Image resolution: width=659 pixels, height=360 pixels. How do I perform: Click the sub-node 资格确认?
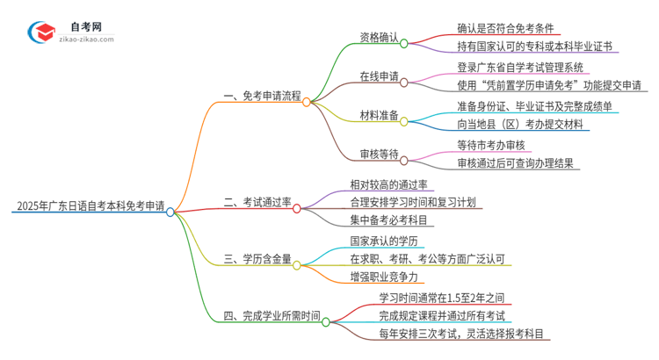[x=380, y=39]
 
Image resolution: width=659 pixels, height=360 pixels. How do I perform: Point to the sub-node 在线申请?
[x=380, y=77]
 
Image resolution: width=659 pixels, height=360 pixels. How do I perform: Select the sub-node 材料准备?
[x=380, y=116]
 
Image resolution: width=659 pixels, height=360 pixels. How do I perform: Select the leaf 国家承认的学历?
[x=381, y=240]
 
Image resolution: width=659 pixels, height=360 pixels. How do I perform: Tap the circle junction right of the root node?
[x=170, y=211]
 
